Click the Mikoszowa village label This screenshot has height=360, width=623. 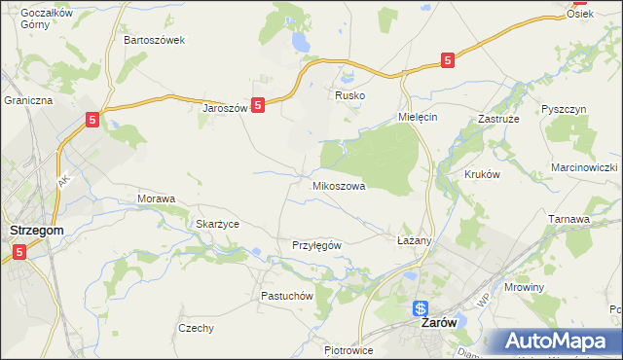click(339, 185)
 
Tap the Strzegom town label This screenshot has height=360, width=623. click(36, 230)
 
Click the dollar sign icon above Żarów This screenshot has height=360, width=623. click(421, 308)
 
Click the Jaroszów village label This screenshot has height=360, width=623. click(225, 108)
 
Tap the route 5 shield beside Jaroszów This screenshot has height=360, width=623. click(258, 105)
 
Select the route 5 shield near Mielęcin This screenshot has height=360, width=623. click(447, 60)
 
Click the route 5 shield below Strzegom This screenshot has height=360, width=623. click(20, 252)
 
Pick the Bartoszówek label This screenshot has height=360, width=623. click(154, 41)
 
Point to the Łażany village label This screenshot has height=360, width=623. click(414, 239)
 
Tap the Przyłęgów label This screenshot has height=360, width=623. click(316, 245)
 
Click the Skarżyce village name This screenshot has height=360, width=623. click(217, 224)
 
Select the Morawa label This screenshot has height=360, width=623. click(156, 198)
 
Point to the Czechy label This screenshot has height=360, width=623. click(196, 328)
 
